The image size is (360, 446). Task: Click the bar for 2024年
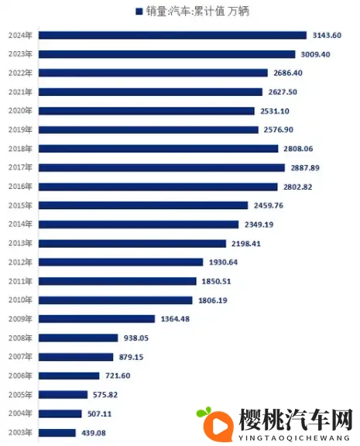click(172, 35)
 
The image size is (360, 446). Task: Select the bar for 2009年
click(97, 318)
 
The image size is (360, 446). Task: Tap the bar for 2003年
click(57, 432)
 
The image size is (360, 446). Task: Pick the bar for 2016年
click(157, 187)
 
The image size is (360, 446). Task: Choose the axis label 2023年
click(20, 54)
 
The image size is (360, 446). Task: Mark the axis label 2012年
click(20, 262)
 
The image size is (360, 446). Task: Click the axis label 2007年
click(20, 357)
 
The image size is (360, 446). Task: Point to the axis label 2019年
click(20, 130)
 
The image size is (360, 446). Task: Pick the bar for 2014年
click(138, 225)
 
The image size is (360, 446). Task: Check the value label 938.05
click(137, 338)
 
